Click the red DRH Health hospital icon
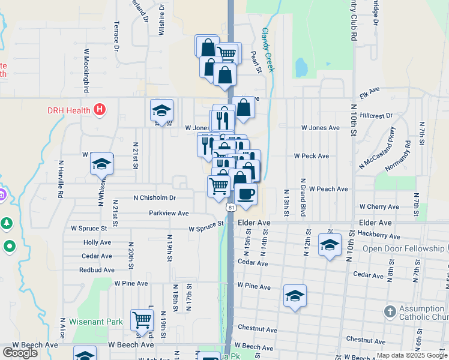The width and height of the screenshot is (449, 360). [100, 110]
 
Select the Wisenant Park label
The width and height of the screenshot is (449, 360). [96, 322]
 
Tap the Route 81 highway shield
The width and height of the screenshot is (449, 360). [231, 207]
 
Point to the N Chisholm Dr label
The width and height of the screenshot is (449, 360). [155, 197]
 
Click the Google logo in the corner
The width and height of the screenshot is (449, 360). [20, 353]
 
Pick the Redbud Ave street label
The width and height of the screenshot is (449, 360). [97, 270]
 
